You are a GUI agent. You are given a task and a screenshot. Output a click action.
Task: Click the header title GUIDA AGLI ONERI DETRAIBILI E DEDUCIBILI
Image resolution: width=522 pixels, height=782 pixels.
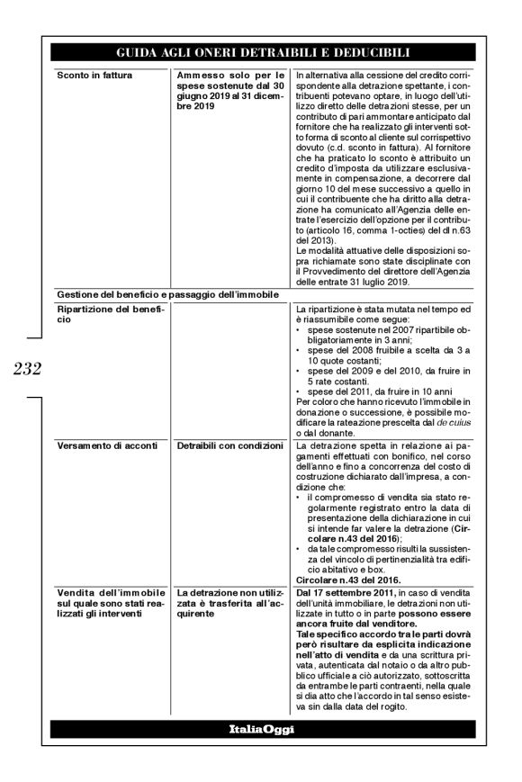coord(261,52)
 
